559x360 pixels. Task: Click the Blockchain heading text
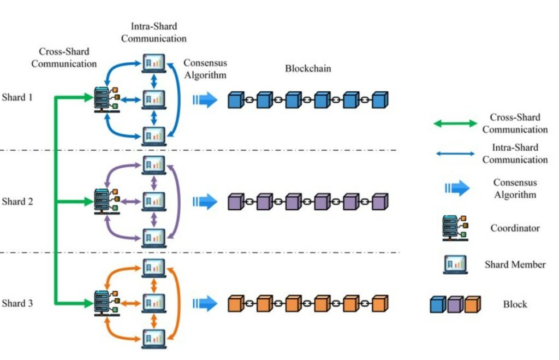308,69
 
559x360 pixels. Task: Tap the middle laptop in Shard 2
153,202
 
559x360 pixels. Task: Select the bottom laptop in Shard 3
153,339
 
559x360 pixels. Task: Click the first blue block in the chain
235,100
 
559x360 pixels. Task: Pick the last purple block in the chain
380,202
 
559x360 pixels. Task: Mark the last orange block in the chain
380,303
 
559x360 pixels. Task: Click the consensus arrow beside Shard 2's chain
205,202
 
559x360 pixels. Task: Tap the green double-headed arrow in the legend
455,123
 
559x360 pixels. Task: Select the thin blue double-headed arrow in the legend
455,154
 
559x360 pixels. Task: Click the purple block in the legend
455,304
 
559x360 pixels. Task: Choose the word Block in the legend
515,304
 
